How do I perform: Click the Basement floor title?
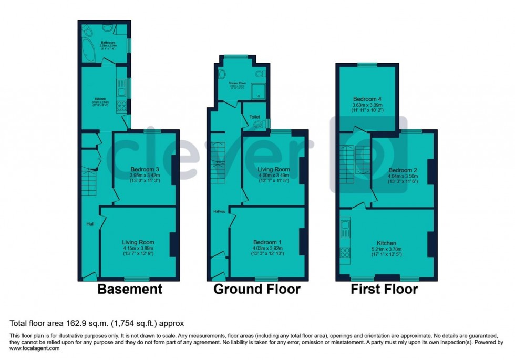(x=129, y=289)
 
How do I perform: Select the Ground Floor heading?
(x=256, y=289)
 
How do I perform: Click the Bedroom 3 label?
(x=145, y=169)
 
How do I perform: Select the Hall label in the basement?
(x=90, y=224)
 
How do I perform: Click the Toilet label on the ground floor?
(x=254, y=117)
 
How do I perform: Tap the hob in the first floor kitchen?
(x=346, y=253)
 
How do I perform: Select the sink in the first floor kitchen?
(x=346, y=229)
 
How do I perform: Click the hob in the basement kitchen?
(x=120, y=107)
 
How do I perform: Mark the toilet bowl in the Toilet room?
(x=258, y=124)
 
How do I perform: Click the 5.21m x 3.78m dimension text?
(x=386, y=250)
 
